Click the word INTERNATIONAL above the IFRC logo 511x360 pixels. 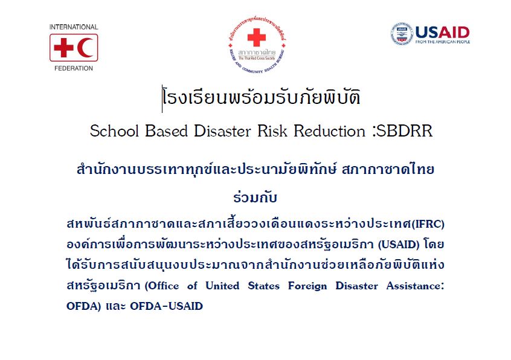[x=74, y=27]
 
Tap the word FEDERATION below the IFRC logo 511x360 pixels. [x=74, y=68]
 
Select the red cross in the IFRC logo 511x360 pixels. [x=63, y=48]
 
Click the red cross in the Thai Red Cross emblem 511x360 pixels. [x=257, y=37]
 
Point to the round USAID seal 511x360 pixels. [x=402, y=34]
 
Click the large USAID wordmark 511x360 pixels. [x=442, y=32]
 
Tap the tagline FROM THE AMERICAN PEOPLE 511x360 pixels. [x=443, y=42]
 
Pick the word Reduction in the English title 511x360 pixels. [x=329, y=131]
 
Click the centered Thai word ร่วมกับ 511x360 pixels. [x=255, y=197]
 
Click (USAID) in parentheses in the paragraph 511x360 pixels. [x=399, y=245]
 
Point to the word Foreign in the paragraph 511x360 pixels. [x=307, y=286]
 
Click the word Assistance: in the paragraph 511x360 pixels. [x=415, y=286]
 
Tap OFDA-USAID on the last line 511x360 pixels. [x=166, y=306]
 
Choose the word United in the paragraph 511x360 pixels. [x=222, y=286]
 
